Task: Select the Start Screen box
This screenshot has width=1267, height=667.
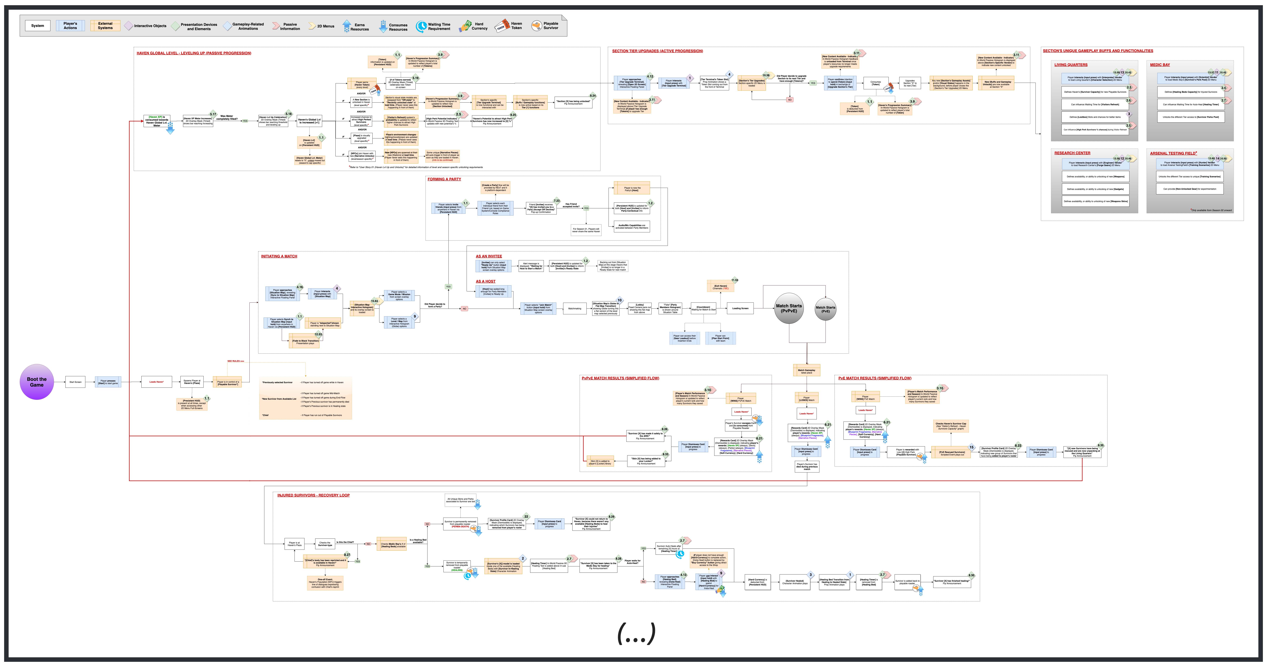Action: (x=75, y=382)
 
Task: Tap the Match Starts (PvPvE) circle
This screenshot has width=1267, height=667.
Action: (x=789, y=308)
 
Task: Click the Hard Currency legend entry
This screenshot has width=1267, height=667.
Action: (x=473, y=26)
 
